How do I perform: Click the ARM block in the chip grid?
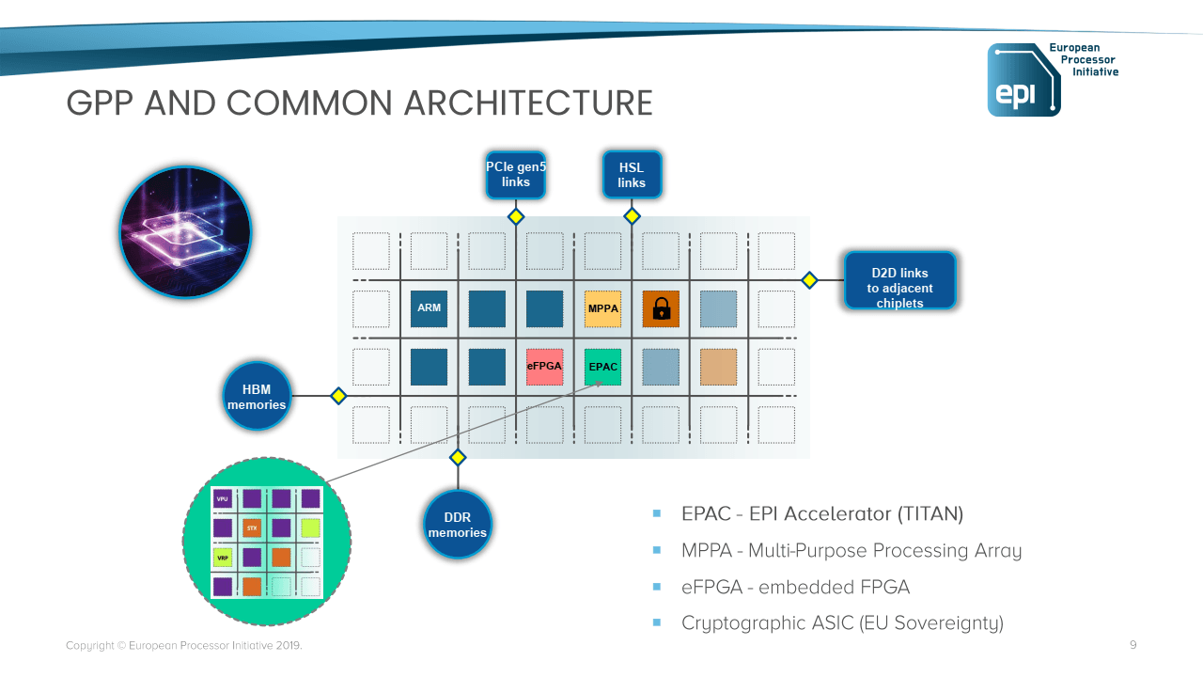pos(429,308)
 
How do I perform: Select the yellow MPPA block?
pos(602,308)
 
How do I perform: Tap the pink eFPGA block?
pos(544,367)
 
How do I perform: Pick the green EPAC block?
pos(602,367)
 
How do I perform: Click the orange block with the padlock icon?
pos(661,308)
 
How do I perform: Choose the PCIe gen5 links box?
pos(515,175)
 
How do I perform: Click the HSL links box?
pos(632,175)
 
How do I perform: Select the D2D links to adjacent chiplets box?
pos(899,280)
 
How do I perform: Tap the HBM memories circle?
pos(257,396)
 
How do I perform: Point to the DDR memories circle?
pos(458,524)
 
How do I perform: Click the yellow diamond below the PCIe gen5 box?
pos(515,216)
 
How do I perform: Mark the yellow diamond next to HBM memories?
pos(338,396)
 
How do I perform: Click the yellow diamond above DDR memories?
pos(458,458)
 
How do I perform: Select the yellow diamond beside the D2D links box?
pos(809,280)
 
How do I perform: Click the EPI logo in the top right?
pos(1023,80)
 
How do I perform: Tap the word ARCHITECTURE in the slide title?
pos(527,103)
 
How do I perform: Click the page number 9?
pos(1133,645)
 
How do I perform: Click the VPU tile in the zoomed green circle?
pos(222,498)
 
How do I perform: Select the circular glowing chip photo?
pos(186,232)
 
